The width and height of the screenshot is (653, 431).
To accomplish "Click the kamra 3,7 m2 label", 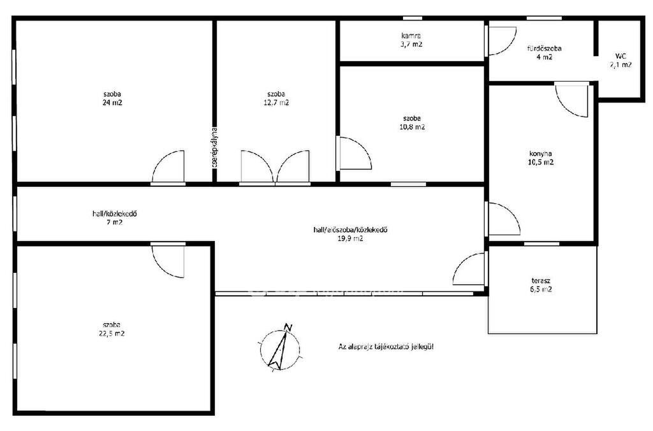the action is click(411, 40).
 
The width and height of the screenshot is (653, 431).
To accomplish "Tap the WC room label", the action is click(620, 61).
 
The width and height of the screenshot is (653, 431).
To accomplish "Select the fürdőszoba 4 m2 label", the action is click(545, 52).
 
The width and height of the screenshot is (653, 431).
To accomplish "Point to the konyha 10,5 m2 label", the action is click(541, 158).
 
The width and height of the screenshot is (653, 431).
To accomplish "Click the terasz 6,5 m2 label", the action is click(541, 285).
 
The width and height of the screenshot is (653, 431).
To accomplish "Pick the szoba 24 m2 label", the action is click(112, 98).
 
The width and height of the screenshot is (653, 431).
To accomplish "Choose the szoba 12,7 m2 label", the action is click(276, 98).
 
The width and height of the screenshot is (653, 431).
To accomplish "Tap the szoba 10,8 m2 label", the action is click(412, 123).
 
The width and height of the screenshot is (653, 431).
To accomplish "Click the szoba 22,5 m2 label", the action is click(112, 329).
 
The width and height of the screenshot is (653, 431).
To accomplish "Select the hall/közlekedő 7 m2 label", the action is click(115, 218).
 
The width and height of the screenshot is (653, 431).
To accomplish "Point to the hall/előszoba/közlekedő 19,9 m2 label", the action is click(350, 234).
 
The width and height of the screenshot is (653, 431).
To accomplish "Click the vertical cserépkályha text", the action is click(214, 147).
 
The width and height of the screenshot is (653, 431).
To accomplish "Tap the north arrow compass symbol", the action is click(280, 347).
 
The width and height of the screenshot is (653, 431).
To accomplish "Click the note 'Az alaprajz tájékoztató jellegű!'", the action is click(386, 346).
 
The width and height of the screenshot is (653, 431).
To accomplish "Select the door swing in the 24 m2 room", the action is click(168, 166).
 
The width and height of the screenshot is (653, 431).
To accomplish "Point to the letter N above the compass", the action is click(288, 327).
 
